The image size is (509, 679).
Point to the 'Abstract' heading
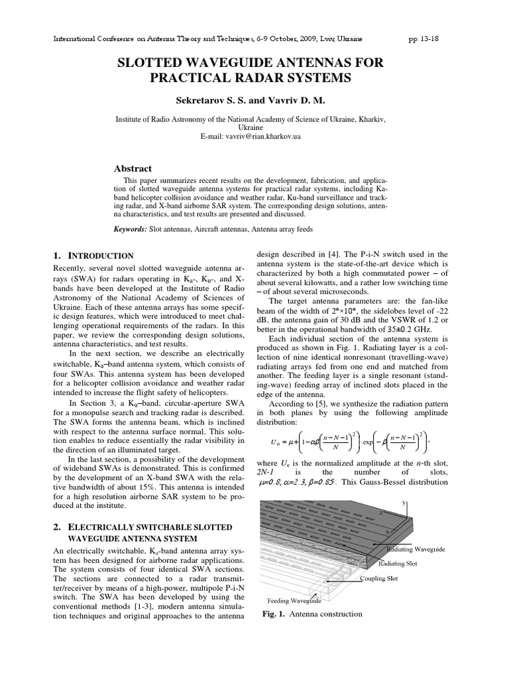[133, 168]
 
